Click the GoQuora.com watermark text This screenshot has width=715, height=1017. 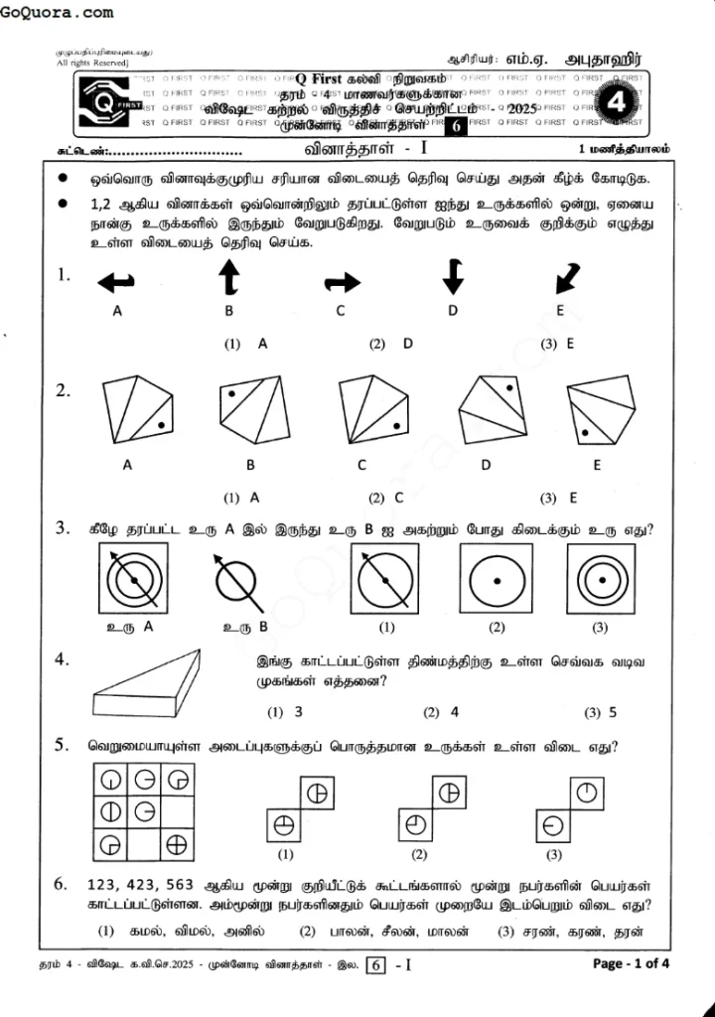pyautogui.click(x=58, y=13)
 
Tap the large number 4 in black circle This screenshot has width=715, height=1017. pyautogui.click(x=615, y=102)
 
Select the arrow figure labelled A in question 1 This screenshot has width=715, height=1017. pyautogui.click(x=116, y=283)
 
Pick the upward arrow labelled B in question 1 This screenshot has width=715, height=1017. pyautogui.click(x=228, y=277)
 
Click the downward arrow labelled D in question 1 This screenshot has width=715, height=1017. pyautogui.click(x=453, y=276)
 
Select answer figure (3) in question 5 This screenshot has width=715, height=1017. pyautogui.click(x=570, y=808)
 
